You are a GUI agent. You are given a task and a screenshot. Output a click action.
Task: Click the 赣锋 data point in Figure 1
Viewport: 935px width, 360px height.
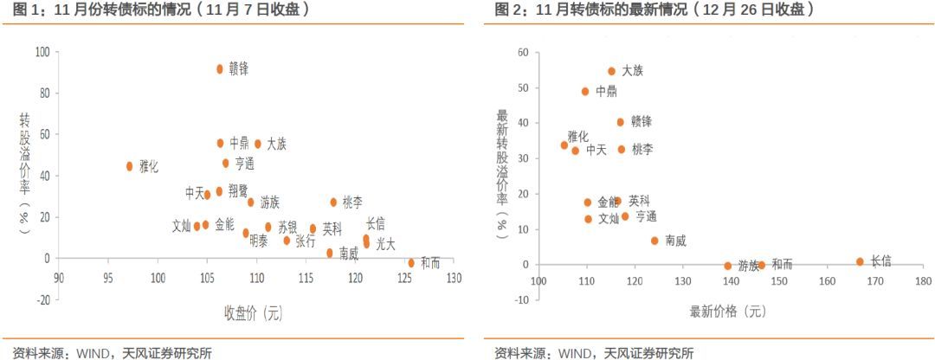220,68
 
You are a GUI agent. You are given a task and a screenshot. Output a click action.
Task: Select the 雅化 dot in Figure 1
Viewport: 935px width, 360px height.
130,166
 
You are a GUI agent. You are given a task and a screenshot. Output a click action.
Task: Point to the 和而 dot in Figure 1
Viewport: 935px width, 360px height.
411,262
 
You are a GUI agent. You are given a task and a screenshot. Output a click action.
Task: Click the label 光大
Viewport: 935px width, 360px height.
385,244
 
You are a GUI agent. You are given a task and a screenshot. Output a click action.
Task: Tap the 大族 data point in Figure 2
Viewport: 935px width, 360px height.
611,72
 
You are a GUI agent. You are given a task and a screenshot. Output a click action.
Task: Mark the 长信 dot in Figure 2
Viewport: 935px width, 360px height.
860,261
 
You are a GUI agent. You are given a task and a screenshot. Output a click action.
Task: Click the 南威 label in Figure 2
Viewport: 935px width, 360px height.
675,241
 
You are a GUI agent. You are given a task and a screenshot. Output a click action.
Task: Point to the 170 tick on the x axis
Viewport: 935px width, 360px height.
875,281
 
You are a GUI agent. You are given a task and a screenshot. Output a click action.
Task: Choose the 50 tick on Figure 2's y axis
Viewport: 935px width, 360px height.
523,88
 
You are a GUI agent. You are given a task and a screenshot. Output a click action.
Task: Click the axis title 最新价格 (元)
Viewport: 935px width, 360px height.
728,311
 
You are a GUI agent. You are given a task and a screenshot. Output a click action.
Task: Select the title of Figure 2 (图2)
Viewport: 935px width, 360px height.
654,10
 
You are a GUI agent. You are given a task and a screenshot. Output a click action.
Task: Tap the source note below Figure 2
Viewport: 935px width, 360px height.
594,352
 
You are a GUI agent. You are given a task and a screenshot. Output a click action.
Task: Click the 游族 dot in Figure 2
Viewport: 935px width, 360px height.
728,266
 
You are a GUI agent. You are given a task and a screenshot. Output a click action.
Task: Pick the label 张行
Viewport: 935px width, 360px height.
306,241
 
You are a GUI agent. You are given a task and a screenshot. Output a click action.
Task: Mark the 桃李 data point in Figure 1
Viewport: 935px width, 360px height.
333,202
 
